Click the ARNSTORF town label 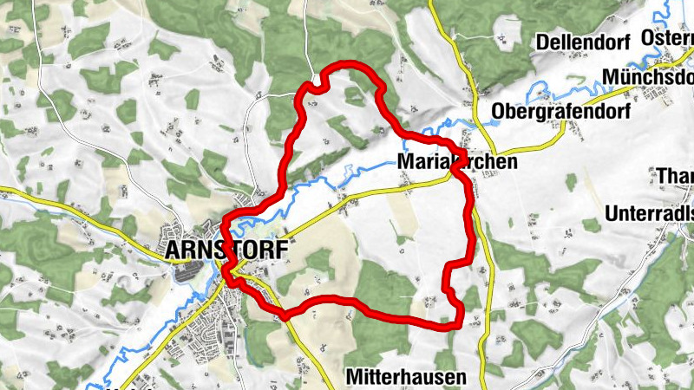(223, 250)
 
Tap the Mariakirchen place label (457, 161)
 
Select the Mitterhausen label (406, 377)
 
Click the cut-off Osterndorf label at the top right (668, 37)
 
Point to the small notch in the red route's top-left (318, 85)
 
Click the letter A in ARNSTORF (171, 250)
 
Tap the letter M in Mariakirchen (406, 161)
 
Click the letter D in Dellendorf (543, 42)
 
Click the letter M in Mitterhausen (353, 377)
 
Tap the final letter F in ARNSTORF (278, 250)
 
